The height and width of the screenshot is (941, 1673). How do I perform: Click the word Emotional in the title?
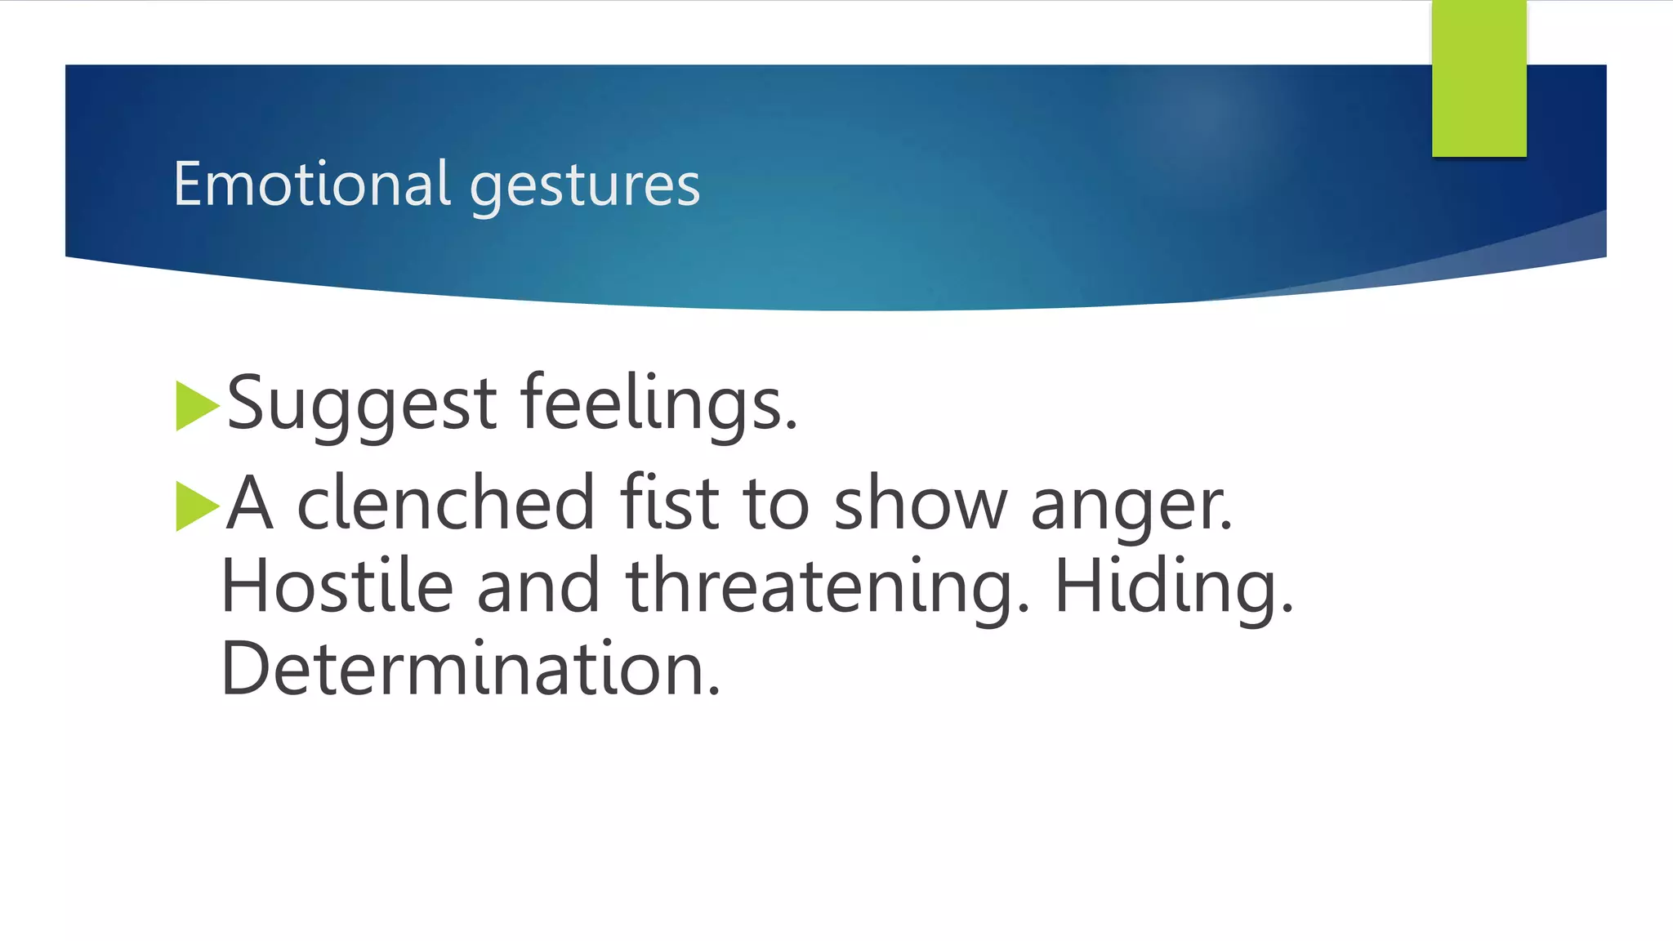tap(311, 184)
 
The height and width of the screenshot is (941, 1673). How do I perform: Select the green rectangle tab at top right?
tap(1479, 78)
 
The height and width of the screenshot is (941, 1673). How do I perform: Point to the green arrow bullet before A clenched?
tap(196, 506)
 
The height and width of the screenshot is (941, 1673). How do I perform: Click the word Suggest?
tap(361, 405)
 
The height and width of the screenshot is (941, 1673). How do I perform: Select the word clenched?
tap(446, 503)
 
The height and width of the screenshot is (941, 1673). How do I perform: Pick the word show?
tap(920, 505)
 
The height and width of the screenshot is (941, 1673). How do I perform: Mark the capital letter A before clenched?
tap(249, 503)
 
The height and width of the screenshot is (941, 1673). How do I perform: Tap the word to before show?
tap(775, 505)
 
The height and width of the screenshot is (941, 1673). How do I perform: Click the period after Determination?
tap(715, 691)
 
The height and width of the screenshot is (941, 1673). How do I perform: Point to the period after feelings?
tap(790, 425)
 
